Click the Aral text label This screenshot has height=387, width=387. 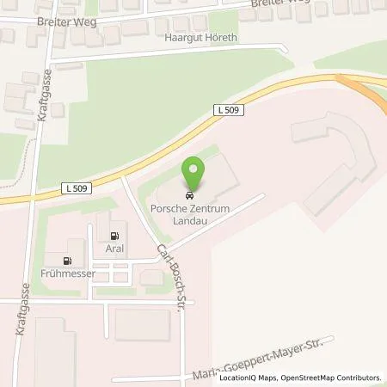(115, 249)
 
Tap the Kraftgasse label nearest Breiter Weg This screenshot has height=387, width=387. (43, 96)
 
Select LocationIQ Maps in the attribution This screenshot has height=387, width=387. (248, 378)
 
